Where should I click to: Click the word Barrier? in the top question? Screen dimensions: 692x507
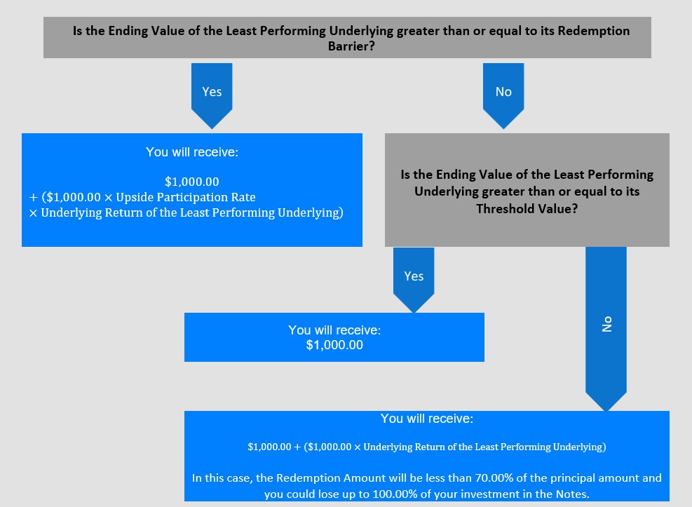pyautogui.click(x=351, y=46)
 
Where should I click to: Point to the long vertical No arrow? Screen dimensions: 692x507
pyautogui.click(x=606, y=329)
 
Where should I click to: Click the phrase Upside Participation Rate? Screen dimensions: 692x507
pyautogui.click(x=186, y=197)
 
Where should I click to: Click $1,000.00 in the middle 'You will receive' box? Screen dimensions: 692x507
pyautogui.click(x=334, y=345)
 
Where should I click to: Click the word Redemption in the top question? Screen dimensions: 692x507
pyautogui.click(x=594, y=31)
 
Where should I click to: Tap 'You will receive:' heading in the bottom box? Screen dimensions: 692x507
pyautogui.click(x=427, y=419)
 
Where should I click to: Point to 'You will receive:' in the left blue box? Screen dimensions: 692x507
pyautogui.click(x=192, y=151)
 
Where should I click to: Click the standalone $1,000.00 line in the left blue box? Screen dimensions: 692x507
pyautogui.click(x=192, y=182)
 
